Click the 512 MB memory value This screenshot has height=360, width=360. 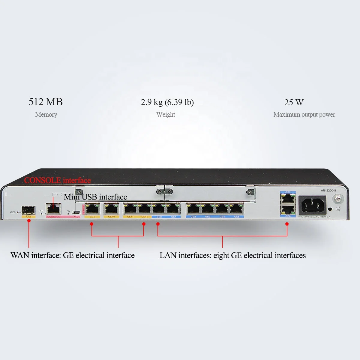pos(46,102)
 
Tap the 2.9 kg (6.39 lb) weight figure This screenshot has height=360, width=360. pos(167,102)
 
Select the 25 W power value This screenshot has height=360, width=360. pos(294,102)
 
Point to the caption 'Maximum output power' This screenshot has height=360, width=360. pos(304,115)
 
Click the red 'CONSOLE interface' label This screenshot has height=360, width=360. pos(57,180)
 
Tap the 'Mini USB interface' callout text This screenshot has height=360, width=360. pos(95,197)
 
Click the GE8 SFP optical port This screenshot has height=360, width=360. pos(28,210)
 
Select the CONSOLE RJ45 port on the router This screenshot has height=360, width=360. pos(53,208)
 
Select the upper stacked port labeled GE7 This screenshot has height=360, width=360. pos(288,198)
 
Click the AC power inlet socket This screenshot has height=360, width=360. pos(312,205)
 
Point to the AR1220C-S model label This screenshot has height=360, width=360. pos(328,190)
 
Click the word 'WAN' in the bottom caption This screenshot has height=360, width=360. pos(20,255)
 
